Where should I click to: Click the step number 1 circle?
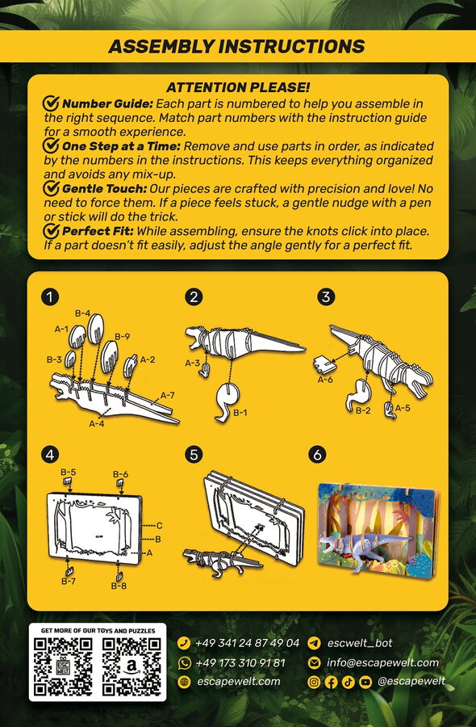click(49, 296)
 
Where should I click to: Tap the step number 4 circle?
click(49, 455)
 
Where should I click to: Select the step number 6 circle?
click(317, 455)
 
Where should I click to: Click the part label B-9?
click(123, 337)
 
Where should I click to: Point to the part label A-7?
click(167, 395)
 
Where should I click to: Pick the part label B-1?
click(240, 412)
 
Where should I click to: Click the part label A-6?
click(325, 380)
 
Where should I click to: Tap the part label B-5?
click(69, 472)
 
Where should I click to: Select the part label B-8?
click(119, 586)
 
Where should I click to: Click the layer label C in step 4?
click(159, 525)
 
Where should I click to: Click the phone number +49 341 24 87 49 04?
click(247, 643)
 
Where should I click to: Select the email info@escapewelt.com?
click(382, 662)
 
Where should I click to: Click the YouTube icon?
click(365, 682)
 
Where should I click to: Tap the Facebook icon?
click(331, 682)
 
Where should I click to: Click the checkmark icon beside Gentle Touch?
click(51, 189)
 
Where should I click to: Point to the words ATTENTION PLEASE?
click(238, 87)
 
